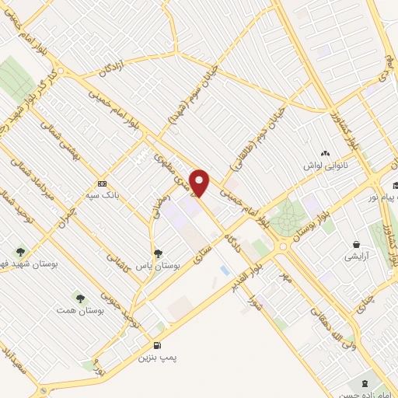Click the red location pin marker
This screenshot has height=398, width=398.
click(201, 183)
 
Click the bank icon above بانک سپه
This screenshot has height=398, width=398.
click(102, 183)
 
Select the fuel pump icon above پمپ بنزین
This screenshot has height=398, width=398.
click(159, 346)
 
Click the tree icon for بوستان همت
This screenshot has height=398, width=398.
click(79, 298)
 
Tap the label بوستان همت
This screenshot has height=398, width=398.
click(79, 310)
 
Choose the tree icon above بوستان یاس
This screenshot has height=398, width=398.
click(159, 253)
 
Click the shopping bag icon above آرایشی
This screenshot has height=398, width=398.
click(356, 243)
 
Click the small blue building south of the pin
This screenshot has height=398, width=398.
click(225, 270)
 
